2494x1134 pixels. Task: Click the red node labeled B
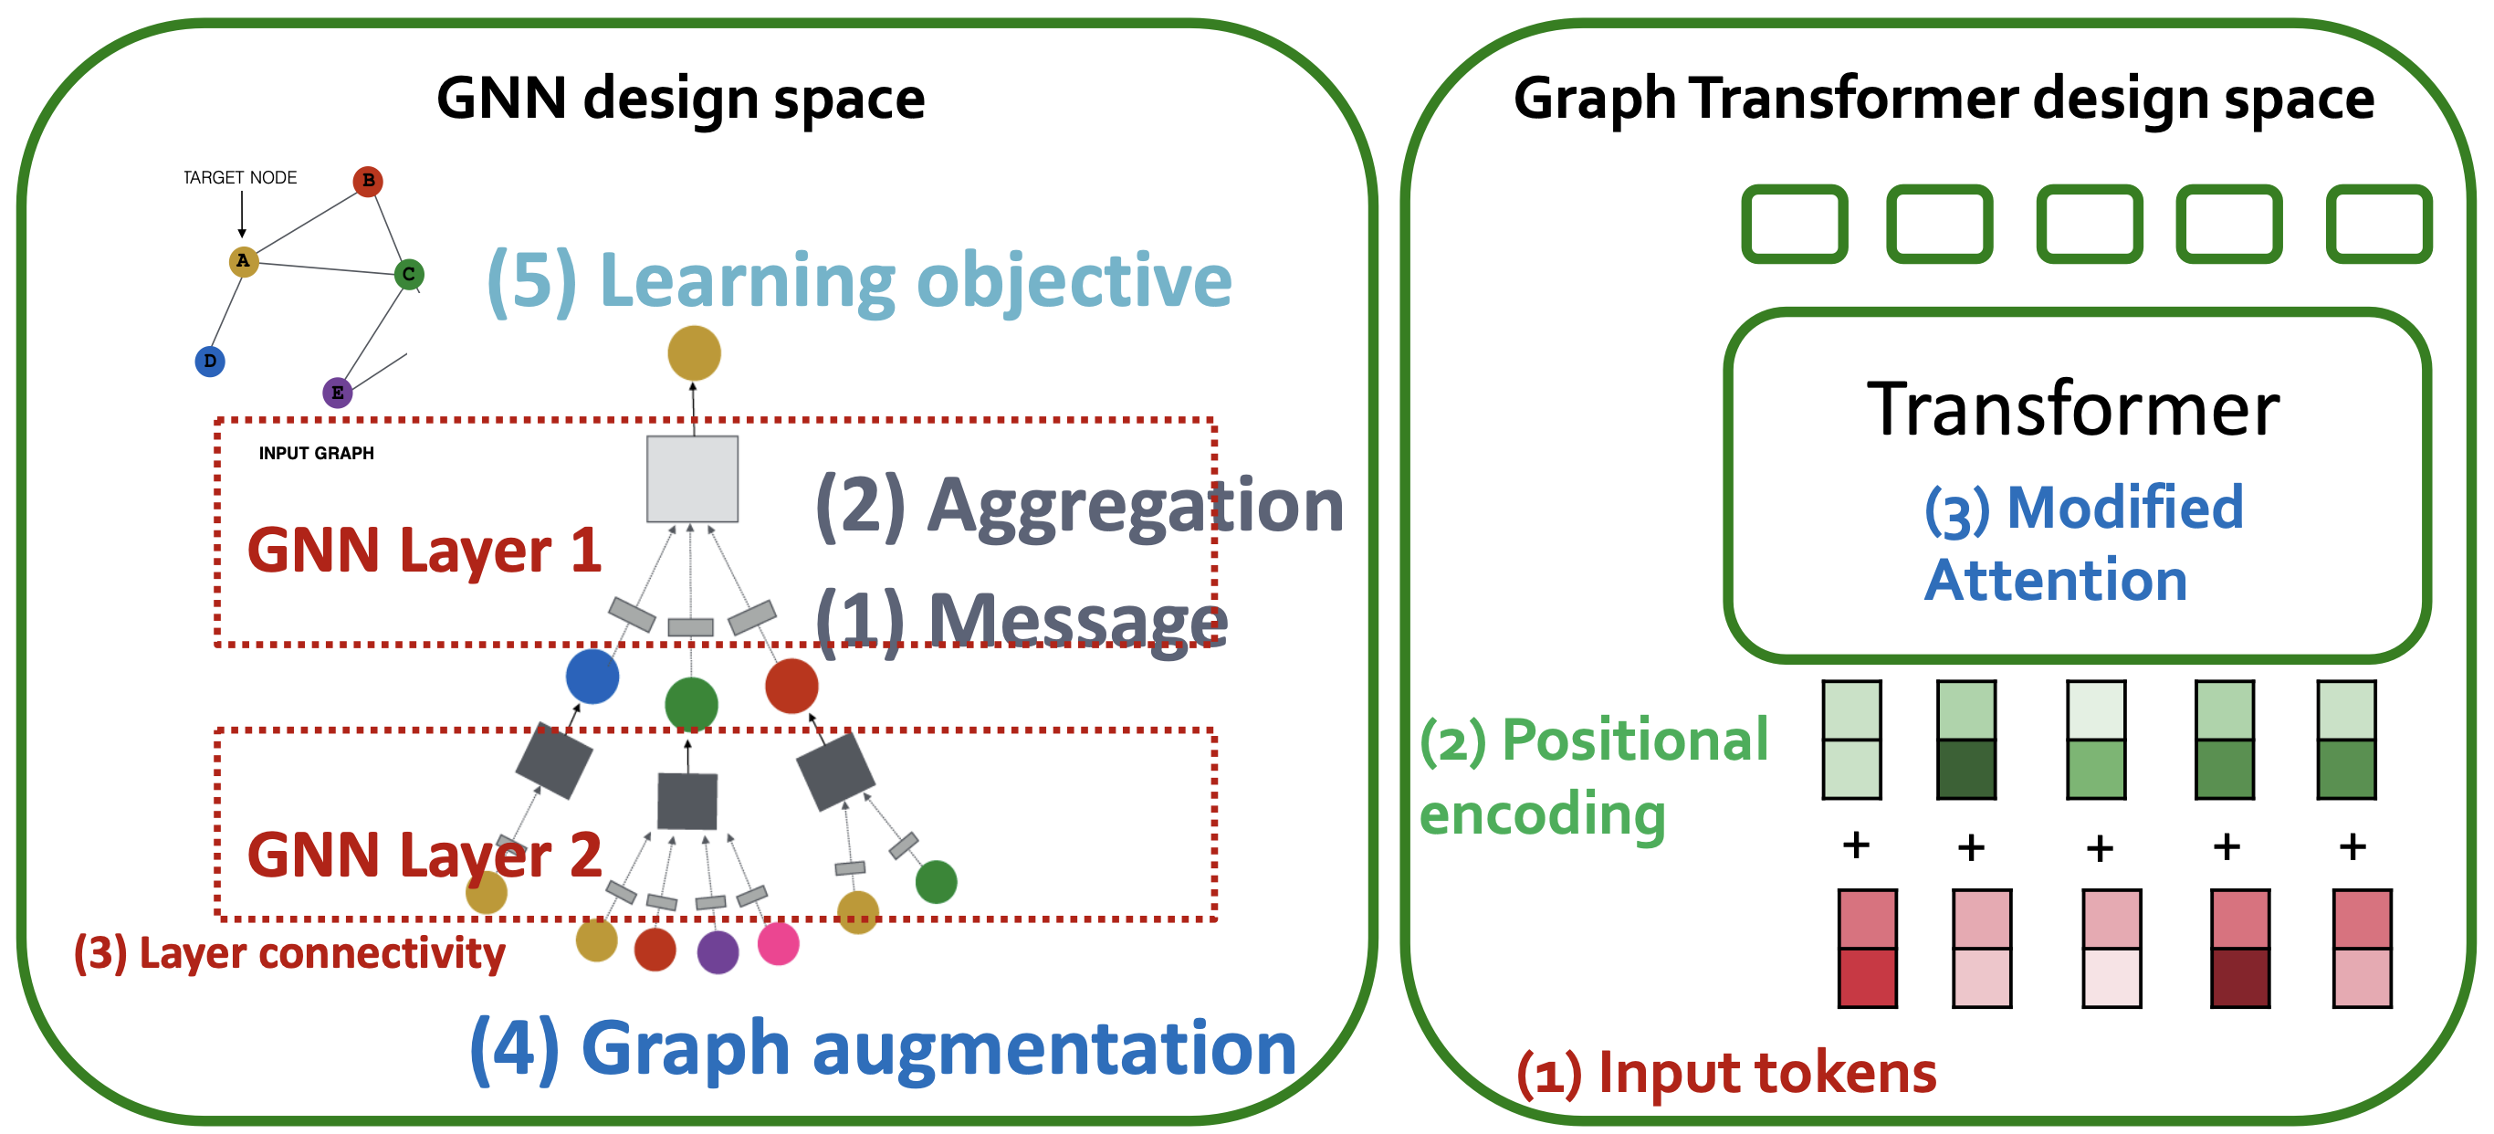point(368,181)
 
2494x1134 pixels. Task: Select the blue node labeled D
point(210,362)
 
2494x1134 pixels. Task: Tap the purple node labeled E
point(337,393)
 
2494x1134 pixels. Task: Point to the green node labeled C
point(409,274)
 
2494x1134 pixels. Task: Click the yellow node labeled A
point(243,260)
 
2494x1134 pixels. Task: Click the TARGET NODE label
point(240,177)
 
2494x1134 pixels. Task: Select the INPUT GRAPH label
point(316,453)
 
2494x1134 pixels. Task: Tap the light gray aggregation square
point(692,478)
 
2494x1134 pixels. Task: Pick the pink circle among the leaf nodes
point(779,943)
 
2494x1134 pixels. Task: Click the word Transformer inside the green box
point(2073,410)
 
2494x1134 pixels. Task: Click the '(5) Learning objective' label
point(859,281)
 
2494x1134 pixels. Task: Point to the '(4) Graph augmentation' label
point(882,1048)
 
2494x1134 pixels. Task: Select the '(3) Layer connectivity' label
point(289,954)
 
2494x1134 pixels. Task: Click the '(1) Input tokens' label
point(1726,1073)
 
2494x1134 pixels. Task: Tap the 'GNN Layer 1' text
point(424,551)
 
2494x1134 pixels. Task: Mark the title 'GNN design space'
point(681,99)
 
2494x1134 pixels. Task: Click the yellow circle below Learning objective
point(694,352)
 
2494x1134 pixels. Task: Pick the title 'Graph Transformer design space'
point(1944,99)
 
